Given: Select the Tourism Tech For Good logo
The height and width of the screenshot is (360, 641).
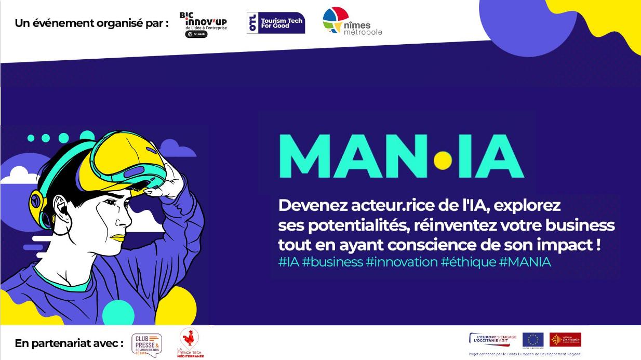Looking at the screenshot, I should (x=276, y=23).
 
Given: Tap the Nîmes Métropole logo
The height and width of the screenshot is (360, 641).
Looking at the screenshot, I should (x=352, y=22).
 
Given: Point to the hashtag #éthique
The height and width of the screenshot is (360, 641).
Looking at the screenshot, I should (x=469, y=262).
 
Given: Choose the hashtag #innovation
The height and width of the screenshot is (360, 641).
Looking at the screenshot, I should (x=402, y=262).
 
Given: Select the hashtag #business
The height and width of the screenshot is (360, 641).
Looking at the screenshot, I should (x=332, y=262).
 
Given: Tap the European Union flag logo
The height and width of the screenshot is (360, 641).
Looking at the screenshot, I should (x=532, y=340).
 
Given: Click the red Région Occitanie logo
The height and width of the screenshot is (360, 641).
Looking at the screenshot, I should (x=565, y=340).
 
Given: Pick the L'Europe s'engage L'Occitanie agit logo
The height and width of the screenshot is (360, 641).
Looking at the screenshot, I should (x=493, y=340).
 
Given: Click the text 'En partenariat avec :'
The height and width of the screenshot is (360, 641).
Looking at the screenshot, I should (x=69, y=343).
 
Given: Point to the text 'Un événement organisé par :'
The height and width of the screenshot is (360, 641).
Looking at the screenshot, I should (x=92, y=23).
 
